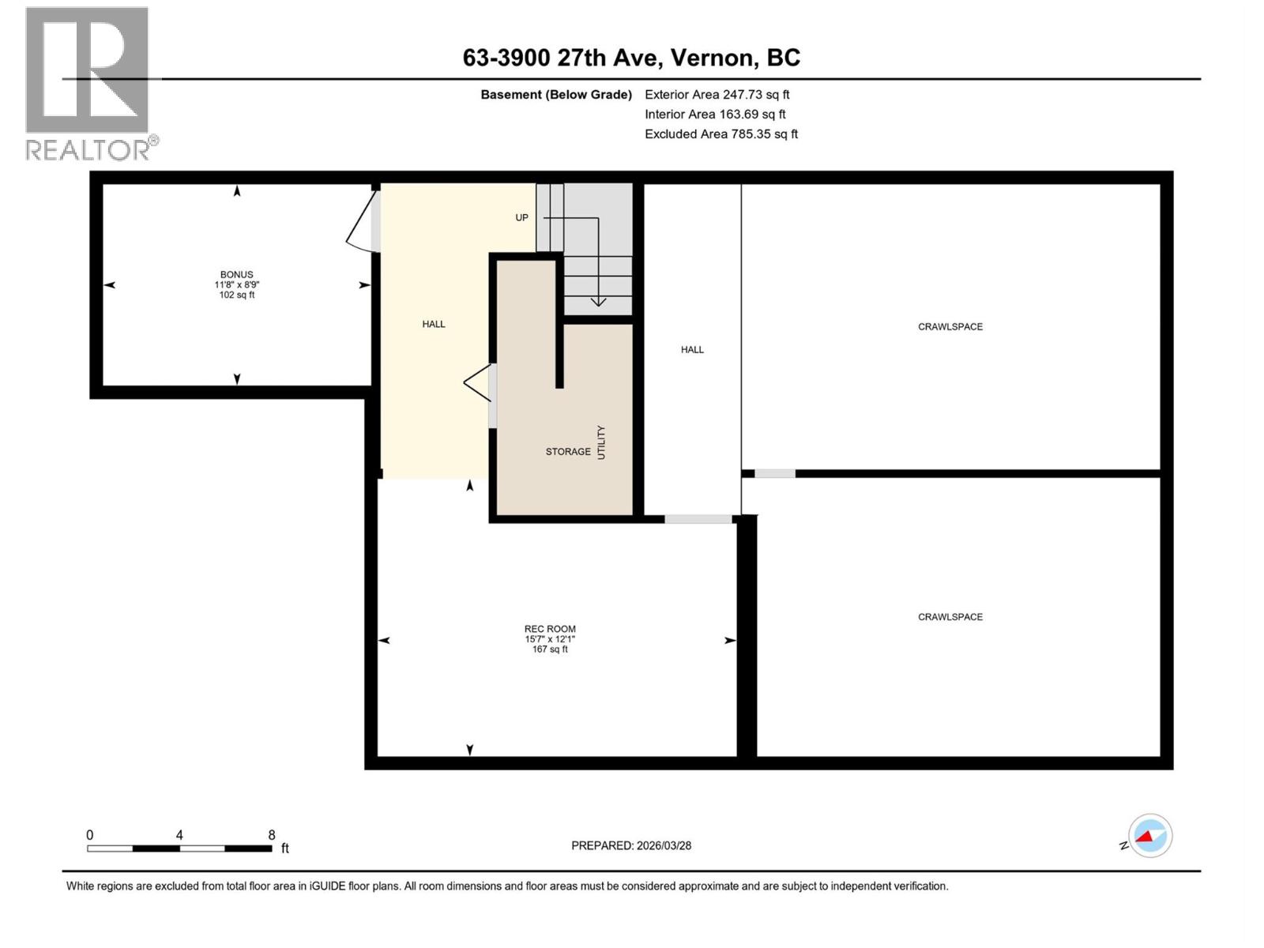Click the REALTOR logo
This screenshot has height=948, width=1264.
[88, 83]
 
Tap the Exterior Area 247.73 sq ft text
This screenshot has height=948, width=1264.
[717, 95]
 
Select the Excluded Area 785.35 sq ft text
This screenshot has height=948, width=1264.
[720, 134]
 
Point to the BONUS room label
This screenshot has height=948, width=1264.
[237, 275]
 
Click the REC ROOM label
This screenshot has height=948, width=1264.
[550, 630]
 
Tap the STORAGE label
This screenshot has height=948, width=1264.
[568, 452]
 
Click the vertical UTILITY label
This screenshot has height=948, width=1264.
[601, 442]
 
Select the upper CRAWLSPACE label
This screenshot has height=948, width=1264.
[950, 327]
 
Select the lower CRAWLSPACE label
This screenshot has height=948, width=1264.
[950, 617]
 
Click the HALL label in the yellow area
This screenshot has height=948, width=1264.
[434, 324]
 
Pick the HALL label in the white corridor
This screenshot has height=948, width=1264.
[692, 350]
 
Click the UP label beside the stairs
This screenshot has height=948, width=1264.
[522, 218]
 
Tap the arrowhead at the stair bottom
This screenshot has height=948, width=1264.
[598, 301]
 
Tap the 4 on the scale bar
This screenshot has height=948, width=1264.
[179, 835]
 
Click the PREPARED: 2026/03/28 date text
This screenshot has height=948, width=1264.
[631, 845]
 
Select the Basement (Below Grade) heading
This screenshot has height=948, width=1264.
[556, 95]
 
